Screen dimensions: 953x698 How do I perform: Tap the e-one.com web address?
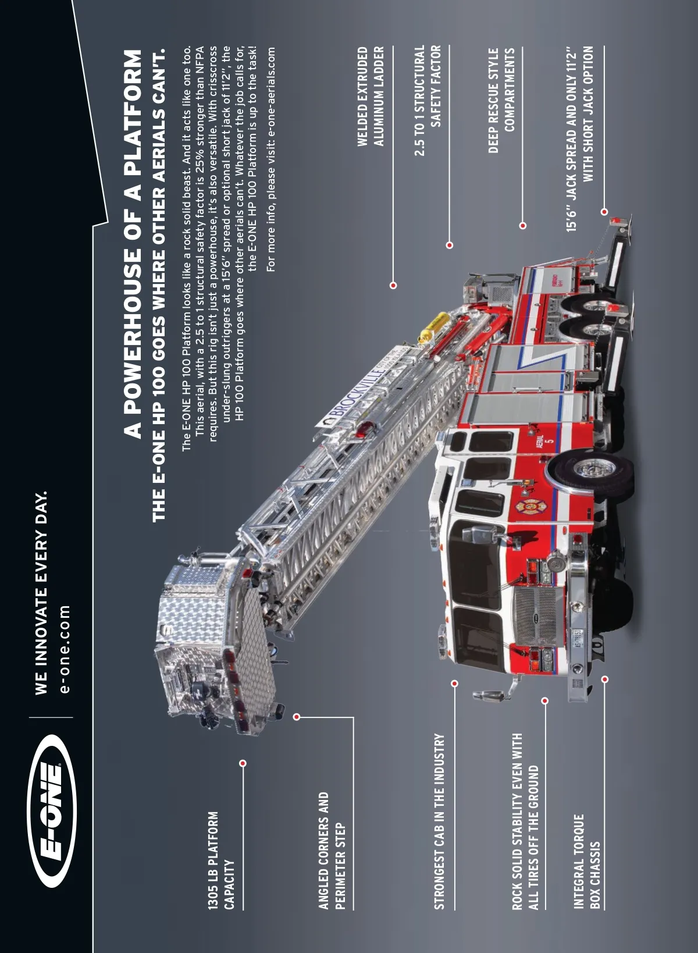click(65, 649)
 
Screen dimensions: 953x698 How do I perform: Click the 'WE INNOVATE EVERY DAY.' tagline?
click(41, 593)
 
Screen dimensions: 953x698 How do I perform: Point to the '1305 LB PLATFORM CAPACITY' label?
click(221, 860)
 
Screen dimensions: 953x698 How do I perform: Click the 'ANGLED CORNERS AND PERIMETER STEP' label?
click(332, 849)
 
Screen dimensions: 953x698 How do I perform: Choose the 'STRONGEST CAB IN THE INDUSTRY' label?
click(440, 820)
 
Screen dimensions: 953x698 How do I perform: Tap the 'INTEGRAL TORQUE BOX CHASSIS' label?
click(586, 861)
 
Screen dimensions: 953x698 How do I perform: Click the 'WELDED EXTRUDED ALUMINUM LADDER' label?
click(371, 96)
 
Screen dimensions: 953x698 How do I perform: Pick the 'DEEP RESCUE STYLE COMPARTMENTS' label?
click(501, 100)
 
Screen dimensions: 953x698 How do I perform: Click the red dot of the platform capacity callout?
click(243, 763)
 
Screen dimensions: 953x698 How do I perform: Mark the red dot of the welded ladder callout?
click(393, 285)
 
